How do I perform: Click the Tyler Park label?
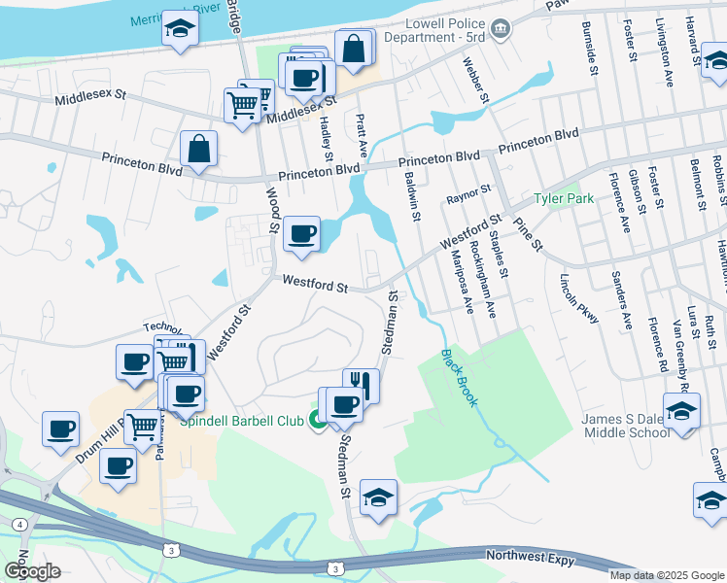pyautogui.click(x=563, y=199)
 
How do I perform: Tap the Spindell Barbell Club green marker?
pyautogui.click(x=317, y=420)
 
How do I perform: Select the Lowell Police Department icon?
pyautogui.click(x=501, y=29)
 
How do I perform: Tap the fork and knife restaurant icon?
pyautogui.click(x=361, y=383)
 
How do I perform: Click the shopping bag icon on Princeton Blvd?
pyautogui.click(x=198, y=150)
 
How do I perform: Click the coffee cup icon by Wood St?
pyautogui.click(x=303, y=234)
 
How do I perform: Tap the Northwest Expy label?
pyautogui.click(x=532, y=557)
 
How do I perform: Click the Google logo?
pyautogui.click(x=32, y=571)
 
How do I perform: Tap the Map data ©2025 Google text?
pyautogui.click(x=665, y=575)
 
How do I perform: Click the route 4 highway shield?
pyautogui.click(x=20, y=525)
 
